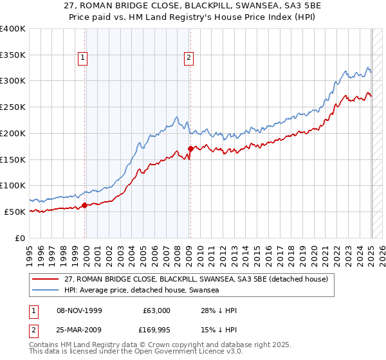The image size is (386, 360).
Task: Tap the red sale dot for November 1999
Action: click(x=85, y=206)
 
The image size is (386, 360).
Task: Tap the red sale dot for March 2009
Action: click(x=190, y=148)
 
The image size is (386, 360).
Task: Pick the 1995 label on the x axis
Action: click(x=30, y=251)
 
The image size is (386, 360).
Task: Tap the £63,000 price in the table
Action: click(x=156, y=310)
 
